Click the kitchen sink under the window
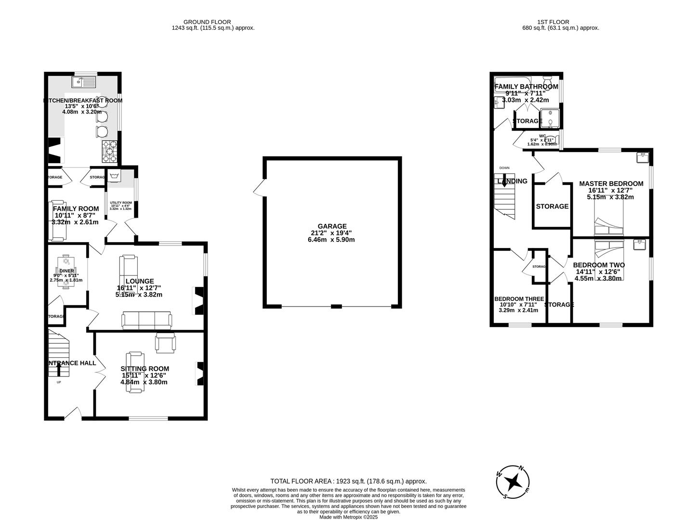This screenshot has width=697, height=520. tap(85, 82)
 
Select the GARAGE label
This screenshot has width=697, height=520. tap(332, 226)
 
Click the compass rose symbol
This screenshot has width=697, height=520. tap(513, 481)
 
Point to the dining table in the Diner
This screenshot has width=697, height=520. tap(66, 271)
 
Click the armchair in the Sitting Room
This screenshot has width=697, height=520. tap(166, 343)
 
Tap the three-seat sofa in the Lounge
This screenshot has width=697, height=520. tap(146, 320)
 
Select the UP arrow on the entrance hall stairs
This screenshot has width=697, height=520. tap(59, 369)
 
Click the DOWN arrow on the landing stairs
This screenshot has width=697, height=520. tap(504, 181)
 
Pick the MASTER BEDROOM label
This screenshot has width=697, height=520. tap(611, 183)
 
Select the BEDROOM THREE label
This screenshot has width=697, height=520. tap(519, 299)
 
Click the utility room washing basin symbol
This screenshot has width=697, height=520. tap(114, 176)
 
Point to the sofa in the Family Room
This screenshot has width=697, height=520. tap(58, 221)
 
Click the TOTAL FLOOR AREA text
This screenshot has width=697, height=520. tap(348, 481)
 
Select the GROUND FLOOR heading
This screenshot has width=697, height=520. tap(207, 22)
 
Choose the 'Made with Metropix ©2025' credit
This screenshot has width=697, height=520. tap(348, 517)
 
